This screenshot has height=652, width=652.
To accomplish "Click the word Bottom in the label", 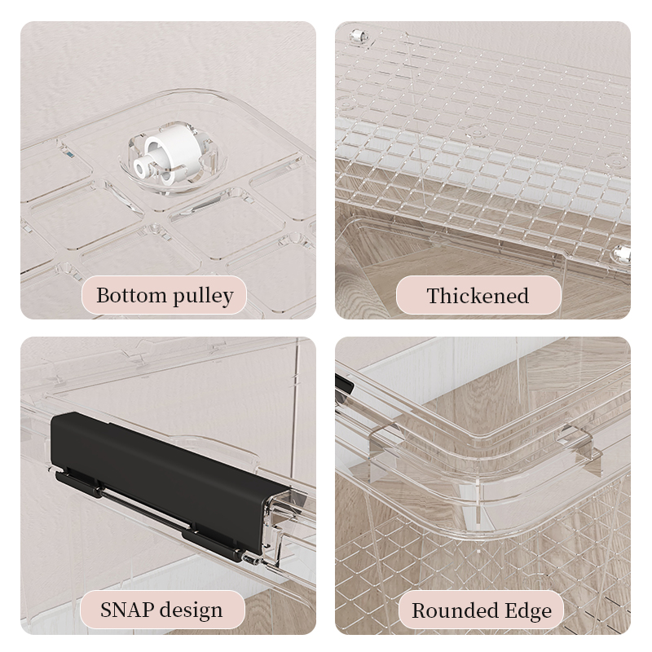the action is [131, 295].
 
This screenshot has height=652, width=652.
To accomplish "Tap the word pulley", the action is [203, 297].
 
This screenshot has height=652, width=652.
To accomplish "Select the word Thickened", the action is [478, 296].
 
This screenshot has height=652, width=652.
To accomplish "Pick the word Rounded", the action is [456, 610].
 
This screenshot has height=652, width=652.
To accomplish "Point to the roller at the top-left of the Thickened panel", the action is [358, 36].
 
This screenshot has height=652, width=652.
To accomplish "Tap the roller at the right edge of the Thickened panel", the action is [621, 253].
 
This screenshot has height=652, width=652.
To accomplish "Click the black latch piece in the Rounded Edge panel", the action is [344, 384].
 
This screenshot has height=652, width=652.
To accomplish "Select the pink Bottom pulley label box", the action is [165, 295].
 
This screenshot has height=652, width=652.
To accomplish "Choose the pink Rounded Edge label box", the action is [481, 610].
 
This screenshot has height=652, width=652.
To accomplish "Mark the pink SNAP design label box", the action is [162, 610].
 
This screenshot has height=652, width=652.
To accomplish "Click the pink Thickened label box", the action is [478, 295].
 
